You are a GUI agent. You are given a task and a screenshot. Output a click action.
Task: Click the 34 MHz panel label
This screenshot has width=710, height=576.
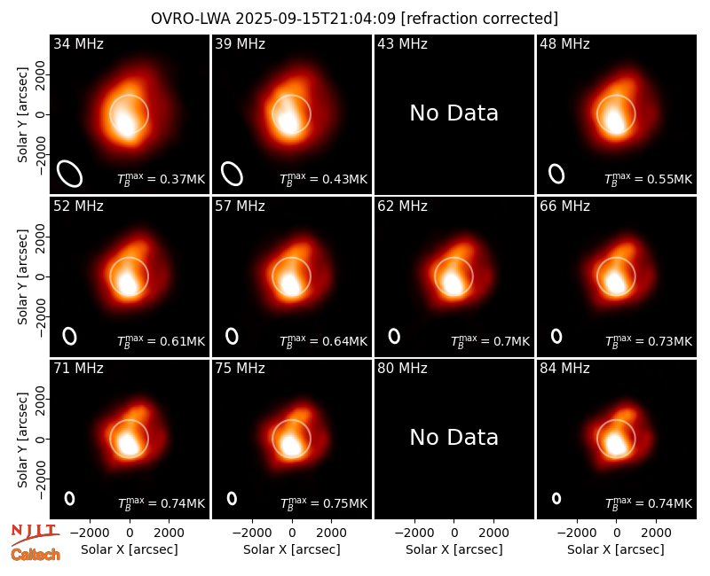pyautogui.click(x=78, y=43)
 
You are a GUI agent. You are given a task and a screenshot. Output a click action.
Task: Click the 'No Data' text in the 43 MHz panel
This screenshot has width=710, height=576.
pyautogui.click(x=454, y=113)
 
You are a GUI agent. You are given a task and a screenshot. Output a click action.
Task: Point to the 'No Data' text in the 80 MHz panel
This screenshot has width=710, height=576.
pyautogui.click(x=454, y=437)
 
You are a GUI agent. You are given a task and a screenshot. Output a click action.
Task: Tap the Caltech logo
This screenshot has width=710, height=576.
pyautogui.click(x=35, y=555)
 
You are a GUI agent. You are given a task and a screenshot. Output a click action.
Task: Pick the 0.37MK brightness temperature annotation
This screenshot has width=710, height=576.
pyautogui.click(x=162, y=179)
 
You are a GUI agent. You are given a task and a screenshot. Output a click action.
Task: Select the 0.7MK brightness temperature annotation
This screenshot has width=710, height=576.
pyautogui.click(x=491, y=341)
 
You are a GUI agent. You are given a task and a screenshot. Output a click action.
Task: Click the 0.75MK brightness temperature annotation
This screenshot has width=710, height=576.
pyautogui.click(x=324, y=503)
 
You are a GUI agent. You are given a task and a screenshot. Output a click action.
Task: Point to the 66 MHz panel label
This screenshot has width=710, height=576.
pyautogui.click(x=564, y=206)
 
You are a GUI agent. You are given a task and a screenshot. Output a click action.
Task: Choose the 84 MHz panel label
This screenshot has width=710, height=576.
pyautogui.click(x=564, y=369)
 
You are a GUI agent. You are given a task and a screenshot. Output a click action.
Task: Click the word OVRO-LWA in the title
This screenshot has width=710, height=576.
pyautogui.click(x=191, y=19)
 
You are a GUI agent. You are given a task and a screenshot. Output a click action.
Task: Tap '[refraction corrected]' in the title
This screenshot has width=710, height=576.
pyautogui.click(x=479, y=19)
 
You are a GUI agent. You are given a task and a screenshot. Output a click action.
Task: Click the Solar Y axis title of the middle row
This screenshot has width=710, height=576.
pyautogui.click(x=23, y=276)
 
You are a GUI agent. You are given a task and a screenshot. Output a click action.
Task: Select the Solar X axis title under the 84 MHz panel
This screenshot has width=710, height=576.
pyautogui.click(x=616, y=549)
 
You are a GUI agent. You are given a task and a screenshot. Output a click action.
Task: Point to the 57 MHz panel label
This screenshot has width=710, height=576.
pyautogui.click(x=240, y=206)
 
